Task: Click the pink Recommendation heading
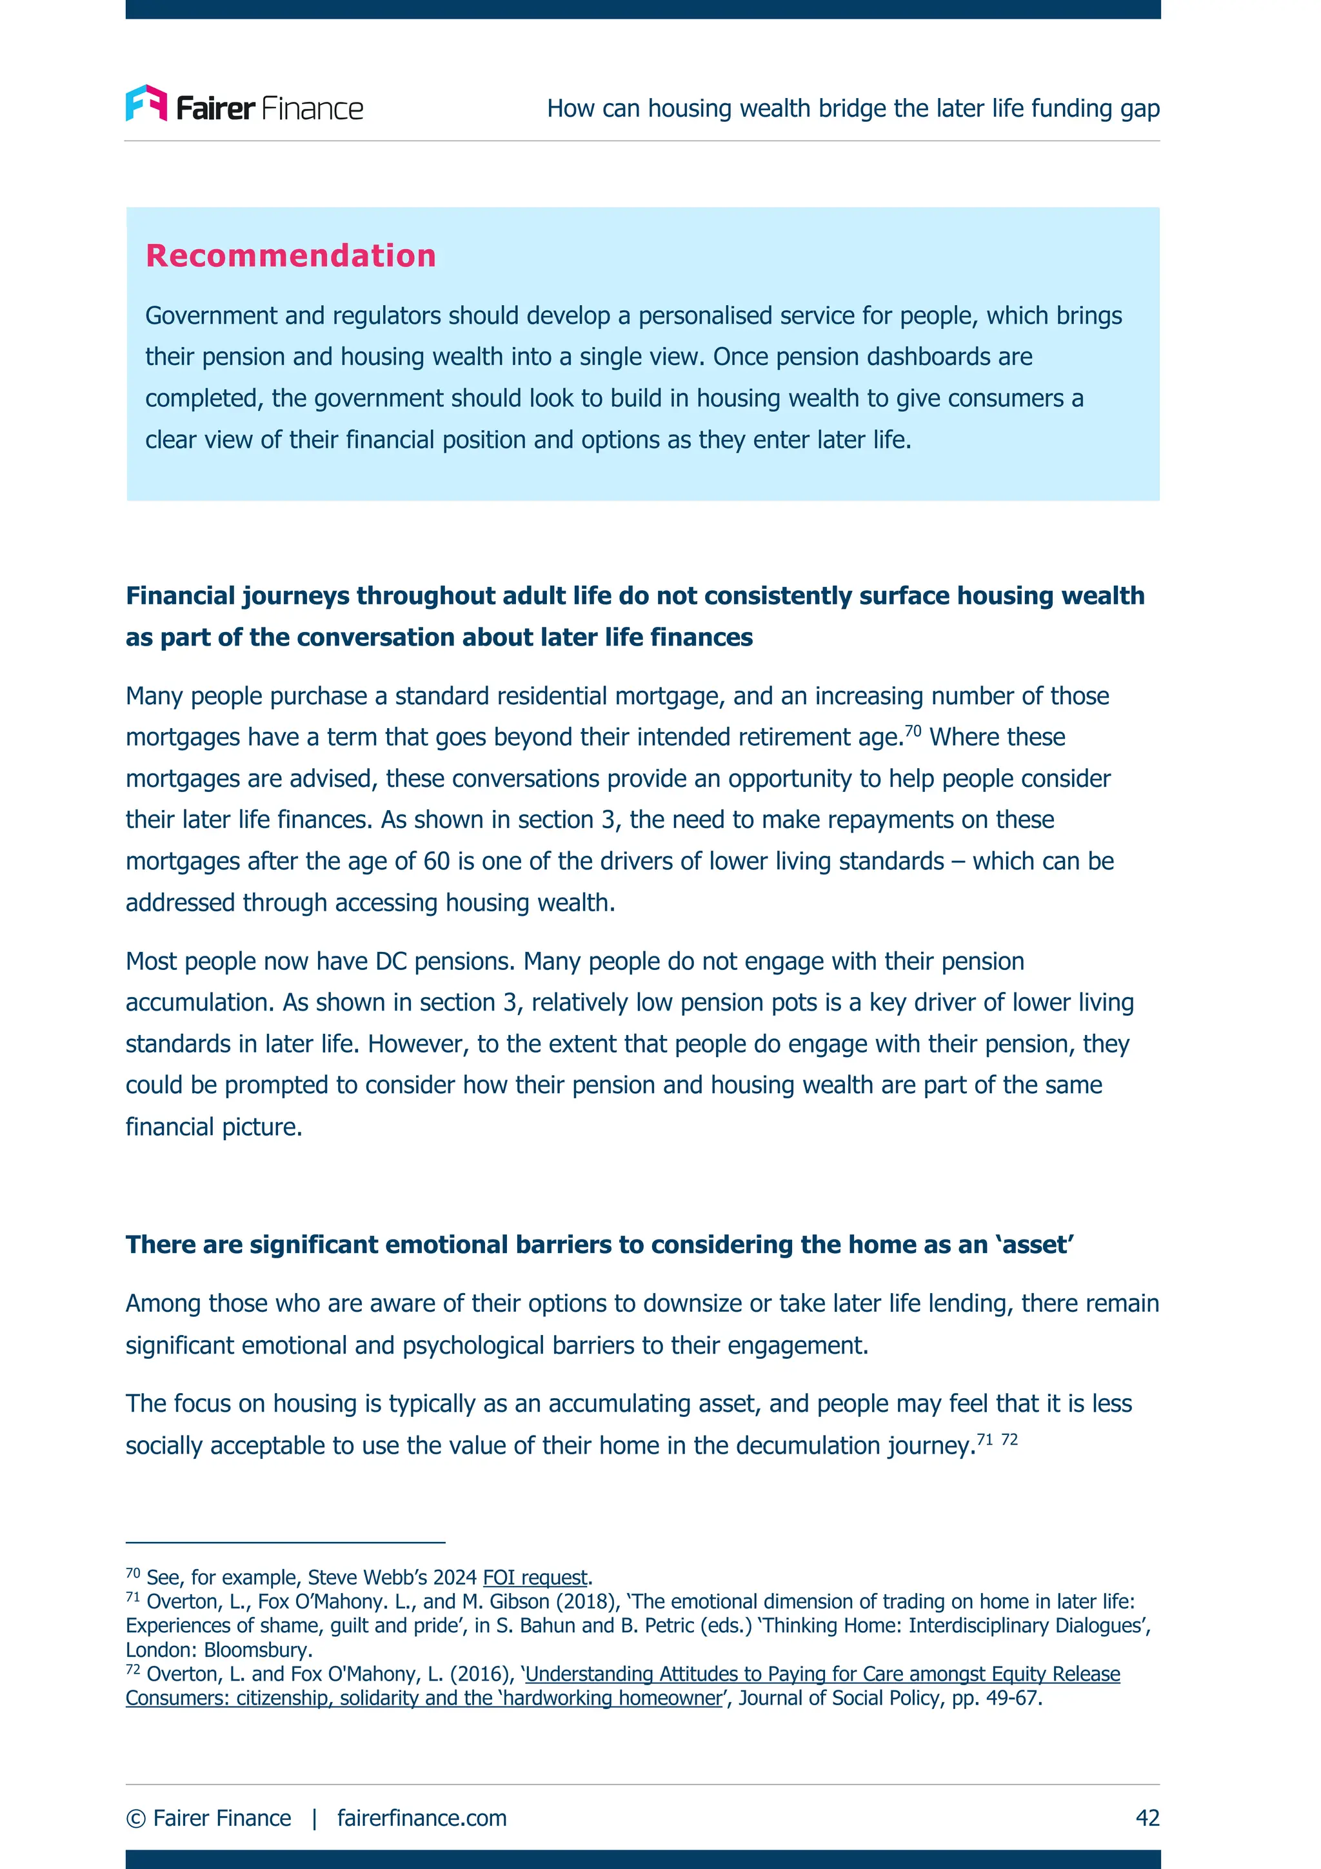point(290,255)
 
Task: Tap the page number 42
point(1147,1817)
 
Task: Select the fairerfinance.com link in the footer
point(422,1817)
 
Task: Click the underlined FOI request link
point(535,1577)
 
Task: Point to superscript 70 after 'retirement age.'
point(913,730)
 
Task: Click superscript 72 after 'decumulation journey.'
point(1009,1439)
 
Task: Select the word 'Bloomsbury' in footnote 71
point(257,1650)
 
